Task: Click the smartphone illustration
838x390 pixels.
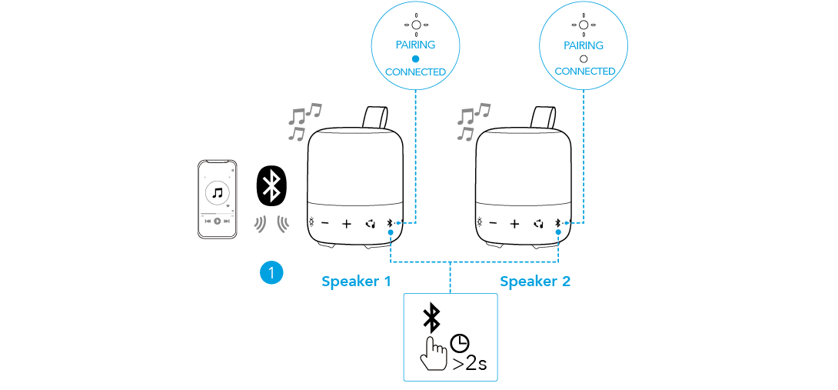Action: pos(217,199)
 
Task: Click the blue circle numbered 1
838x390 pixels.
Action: pos(271,272)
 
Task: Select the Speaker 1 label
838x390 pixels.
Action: pos(356,282)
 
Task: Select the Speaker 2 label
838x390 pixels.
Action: pos(535,282)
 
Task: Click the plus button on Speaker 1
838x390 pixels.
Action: pos(347,225)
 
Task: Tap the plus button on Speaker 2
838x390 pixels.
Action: pos(515,225)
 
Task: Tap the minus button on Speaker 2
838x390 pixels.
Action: pos(493,225)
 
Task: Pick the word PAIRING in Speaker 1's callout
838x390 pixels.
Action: pos(415,45)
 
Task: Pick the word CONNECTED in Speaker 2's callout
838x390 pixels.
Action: pos(585,72)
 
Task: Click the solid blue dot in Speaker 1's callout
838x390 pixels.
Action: pos(415,58)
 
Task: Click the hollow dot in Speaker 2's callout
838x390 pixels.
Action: pos(584,58)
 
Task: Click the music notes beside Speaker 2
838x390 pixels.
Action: pos(471,122)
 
